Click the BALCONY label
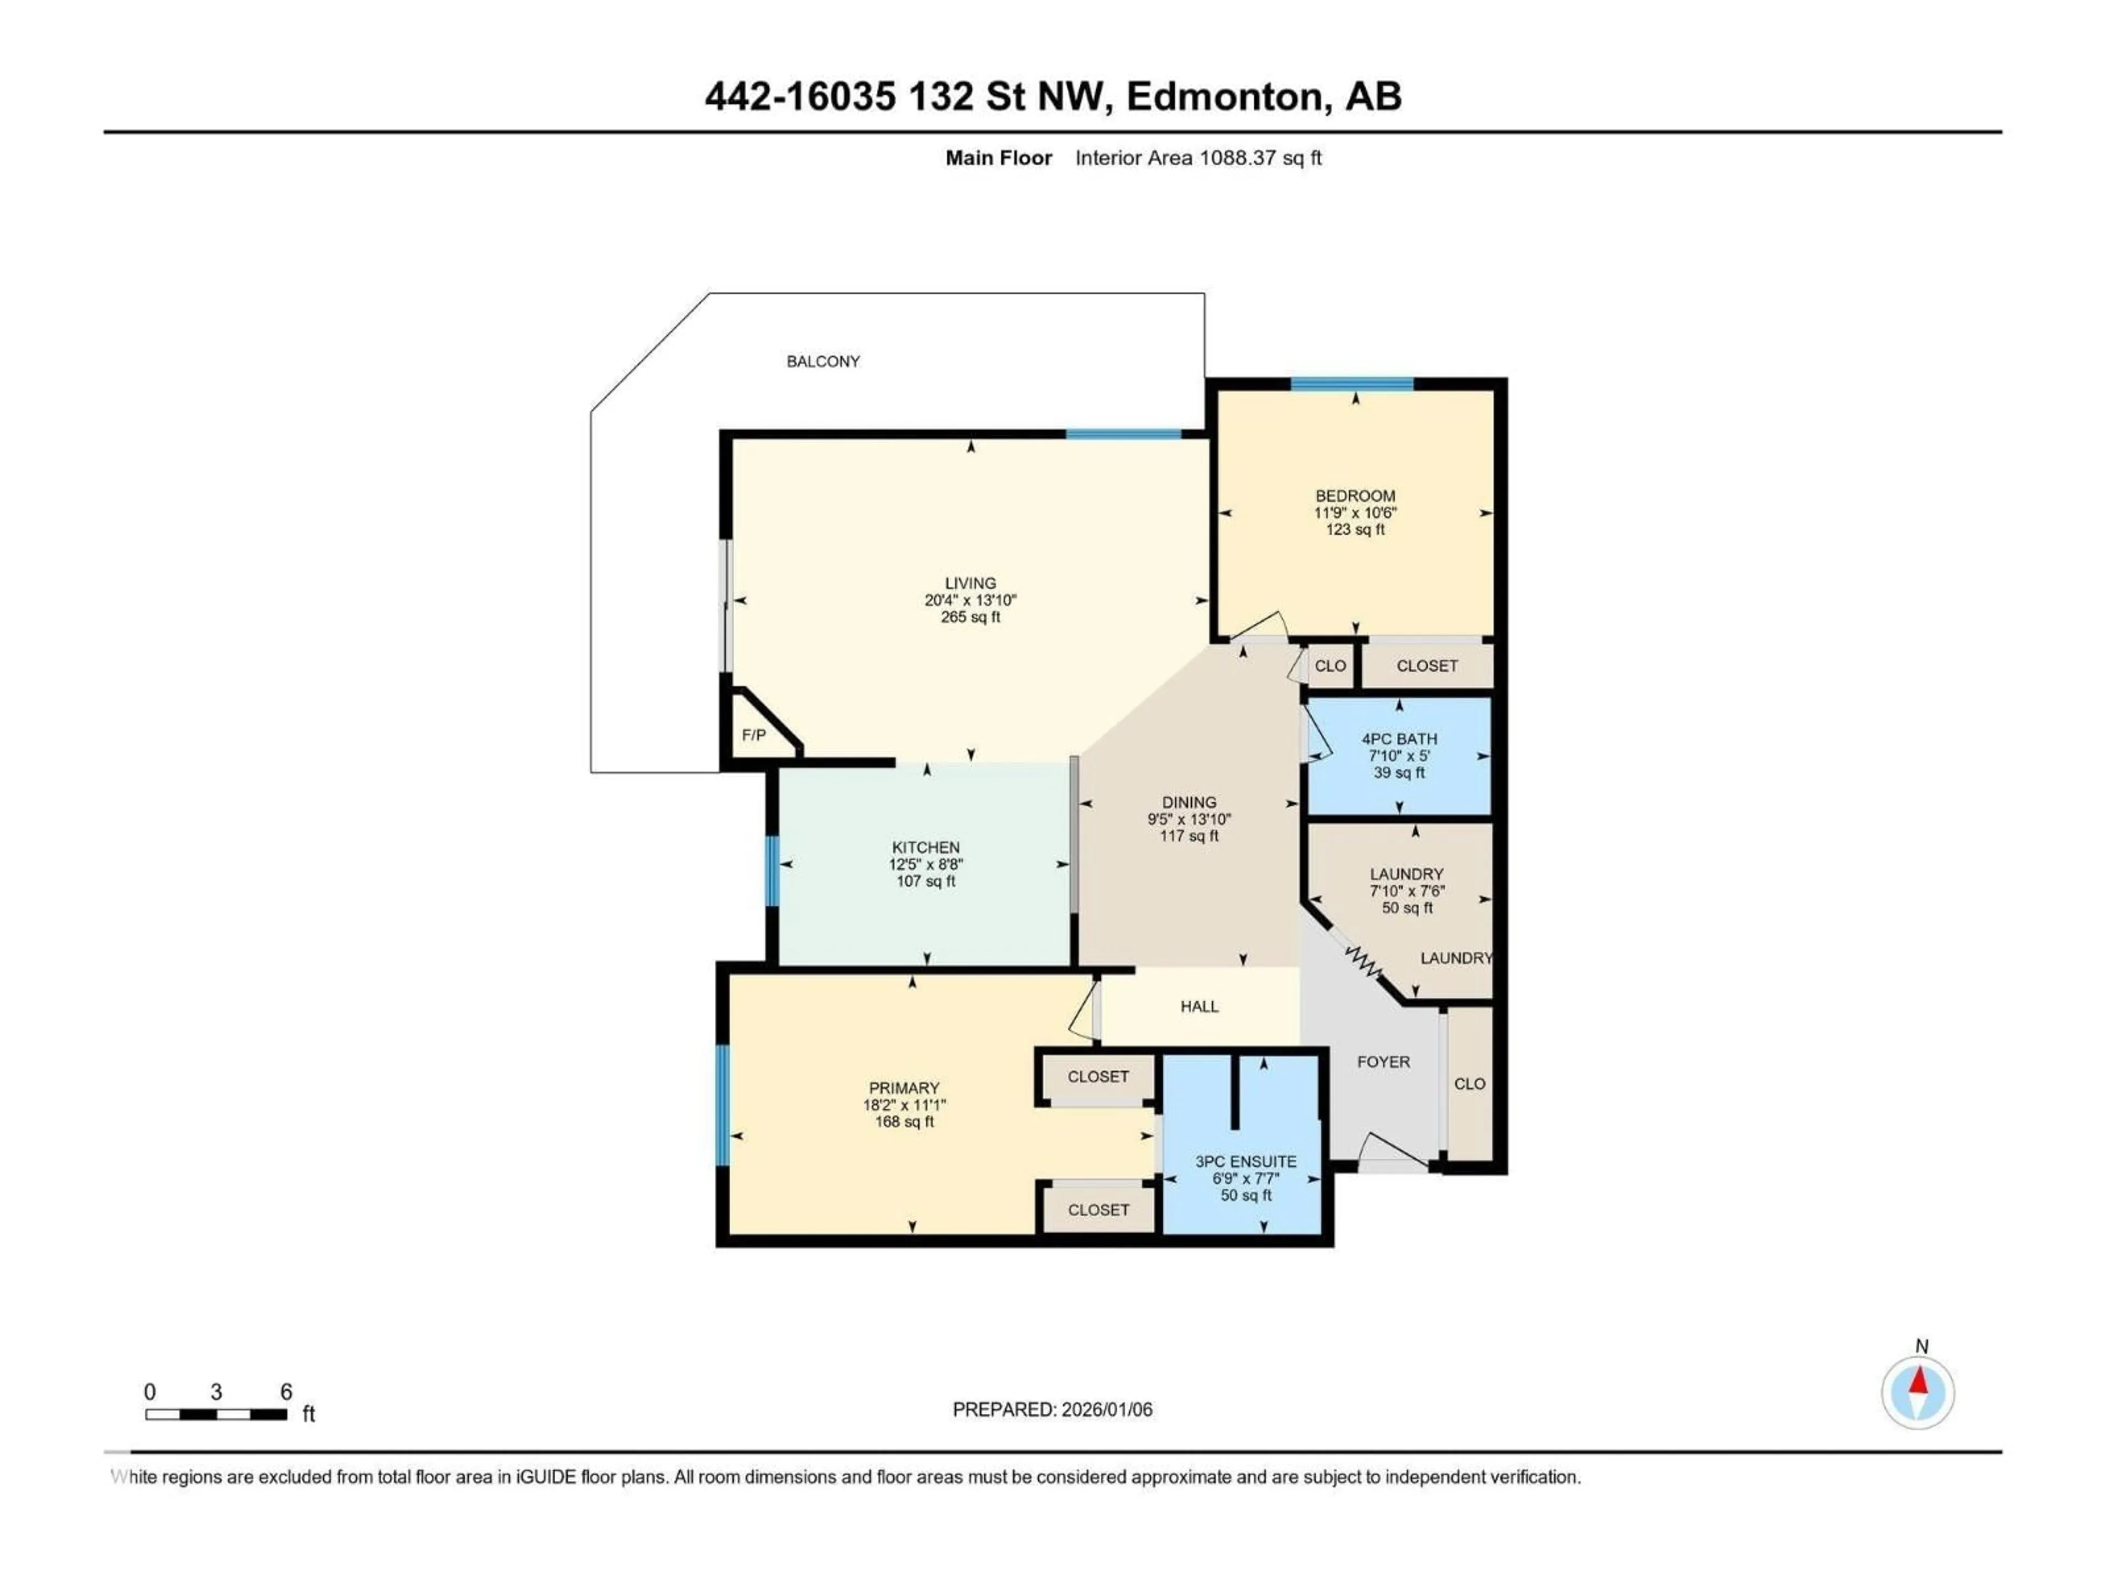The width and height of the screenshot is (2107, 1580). pos(823,361)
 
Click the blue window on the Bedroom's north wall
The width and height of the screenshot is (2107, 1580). pos(1351,384)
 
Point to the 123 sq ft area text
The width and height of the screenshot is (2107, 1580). pos(1355,529)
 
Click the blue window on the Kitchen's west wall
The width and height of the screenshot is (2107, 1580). pos(773,871)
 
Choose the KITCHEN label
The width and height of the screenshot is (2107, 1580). pos(925,847)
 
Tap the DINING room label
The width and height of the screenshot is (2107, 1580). pos(1189,802)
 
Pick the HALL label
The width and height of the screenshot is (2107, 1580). pos(1199,1006)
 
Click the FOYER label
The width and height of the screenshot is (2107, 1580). pos(1383,1061)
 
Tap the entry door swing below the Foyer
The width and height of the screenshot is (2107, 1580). pos(1393,1150)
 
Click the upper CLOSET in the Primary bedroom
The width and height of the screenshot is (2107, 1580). pos(1097,1076)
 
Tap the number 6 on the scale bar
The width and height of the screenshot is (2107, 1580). pos(286,1391)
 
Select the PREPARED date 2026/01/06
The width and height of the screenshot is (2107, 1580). pos(1102,1409)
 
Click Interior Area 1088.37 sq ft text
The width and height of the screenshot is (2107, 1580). pos(1198,158)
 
